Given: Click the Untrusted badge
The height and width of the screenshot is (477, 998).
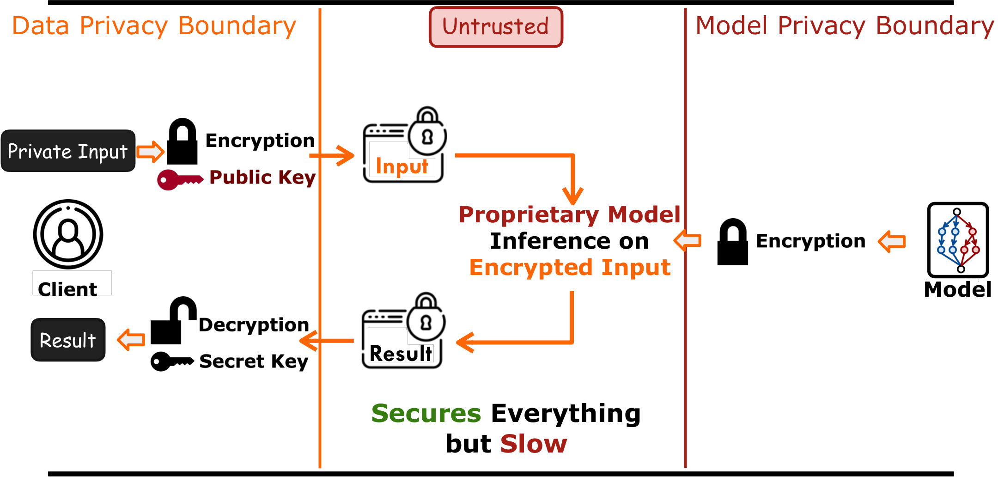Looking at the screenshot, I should click(496, 27).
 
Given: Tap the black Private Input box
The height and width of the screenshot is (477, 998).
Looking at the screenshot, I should click(68, 151).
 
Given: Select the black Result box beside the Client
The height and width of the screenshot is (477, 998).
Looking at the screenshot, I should click(68, 340).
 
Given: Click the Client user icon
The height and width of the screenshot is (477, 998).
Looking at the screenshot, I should click(68, 234).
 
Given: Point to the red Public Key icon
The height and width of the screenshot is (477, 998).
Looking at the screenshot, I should click(179, 179).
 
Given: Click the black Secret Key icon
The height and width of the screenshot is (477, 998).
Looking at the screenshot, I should click(171, 361).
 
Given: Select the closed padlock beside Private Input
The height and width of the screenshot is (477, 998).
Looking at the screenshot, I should click(182, 141).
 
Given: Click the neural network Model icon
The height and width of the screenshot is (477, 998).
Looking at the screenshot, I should click(958, 240).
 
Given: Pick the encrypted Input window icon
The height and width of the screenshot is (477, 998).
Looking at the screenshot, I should click(404, 146).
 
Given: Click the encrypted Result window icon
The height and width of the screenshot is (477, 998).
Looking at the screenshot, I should click(403, 331).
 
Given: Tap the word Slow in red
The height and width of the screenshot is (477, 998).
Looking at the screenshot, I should click(534, 444).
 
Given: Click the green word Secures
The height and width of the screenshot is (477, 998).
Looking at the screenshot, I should click(426, 413).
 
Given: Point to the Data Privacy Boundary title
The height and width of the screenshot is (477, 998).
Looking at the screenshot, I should click(154, 26).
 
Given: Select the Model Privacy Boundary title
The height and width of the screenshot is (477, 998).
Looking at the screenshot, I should click(844, 26).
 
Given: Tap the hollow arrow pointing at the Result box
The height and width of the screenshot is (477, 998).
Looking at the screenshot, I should click(131, 340).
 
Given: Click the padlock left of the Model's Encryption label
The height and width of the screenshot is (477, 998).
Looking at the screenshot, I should click(732, 242).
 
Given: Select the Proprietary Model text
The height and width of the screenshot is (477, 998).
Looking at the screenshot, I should click(569, 214).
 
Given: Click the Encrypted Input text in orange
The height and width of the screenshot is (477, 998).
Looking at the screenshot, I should click(570, 267).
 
